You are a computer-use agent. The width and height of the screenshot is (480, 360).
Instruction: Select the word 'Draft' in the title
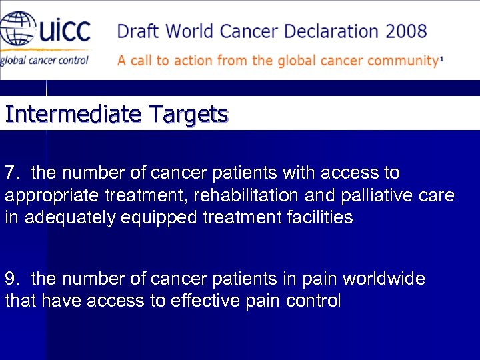tap(139, 31)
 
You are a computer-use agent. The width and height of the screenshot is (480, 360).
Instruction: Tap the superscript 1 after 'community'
tap(441, 59)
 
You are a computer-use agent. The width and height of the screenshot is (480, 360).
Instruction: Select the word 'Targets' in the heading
tap(188, 115)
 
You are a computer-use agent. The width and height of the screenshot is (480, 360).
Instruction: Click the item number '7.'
tap(13, 173)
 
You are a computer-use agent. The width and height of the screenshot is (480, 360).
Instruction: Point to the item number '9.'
tap(13, 279)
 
